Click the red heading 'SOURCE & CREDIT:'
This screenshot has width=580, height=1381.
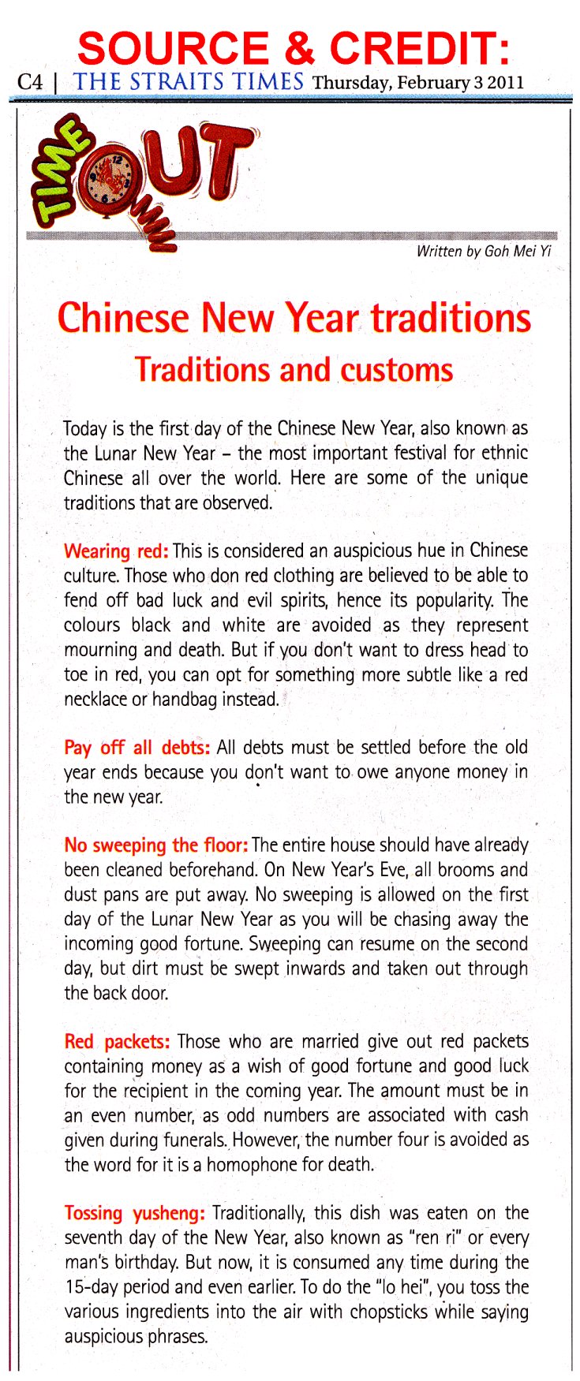pyautogui.click(x=294, y=49)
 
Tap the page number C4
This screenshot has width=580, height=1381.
pyautogui.click(x=31, y=82)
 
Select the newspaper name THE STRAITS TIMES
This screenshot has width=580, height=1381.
pyautogui.click(x=189, y=81)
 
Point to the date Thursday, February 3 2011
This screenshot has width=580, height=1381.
pyautogui.click(x=417, y=83)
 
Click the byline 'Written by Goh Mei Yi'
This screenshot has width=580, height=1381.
pyautogui.click(x=483, y=252)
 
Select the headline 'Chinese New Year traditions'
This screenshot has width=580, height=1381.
pyautogui.click(x=294, y=318)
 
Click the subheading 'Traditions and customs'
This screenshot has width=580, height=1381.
pyautogui.click(x=294, y=369)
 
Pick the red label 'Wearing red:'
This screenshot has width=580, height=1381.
pyautogui.click(x=115, y=551)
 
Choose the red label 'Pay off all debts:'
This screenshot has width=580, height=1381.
pyautogui.click(x=137, y=748)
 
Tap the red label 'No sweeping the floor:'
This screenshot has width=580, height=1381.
pyautogui.click(x=156, y=845)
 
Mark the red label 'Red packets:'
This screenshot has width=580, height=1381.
pyautogui.click(x=117, y=1042)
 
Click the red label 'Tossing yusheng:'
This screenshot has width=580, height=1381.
pyautogui.click(x=134, y=1214)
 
